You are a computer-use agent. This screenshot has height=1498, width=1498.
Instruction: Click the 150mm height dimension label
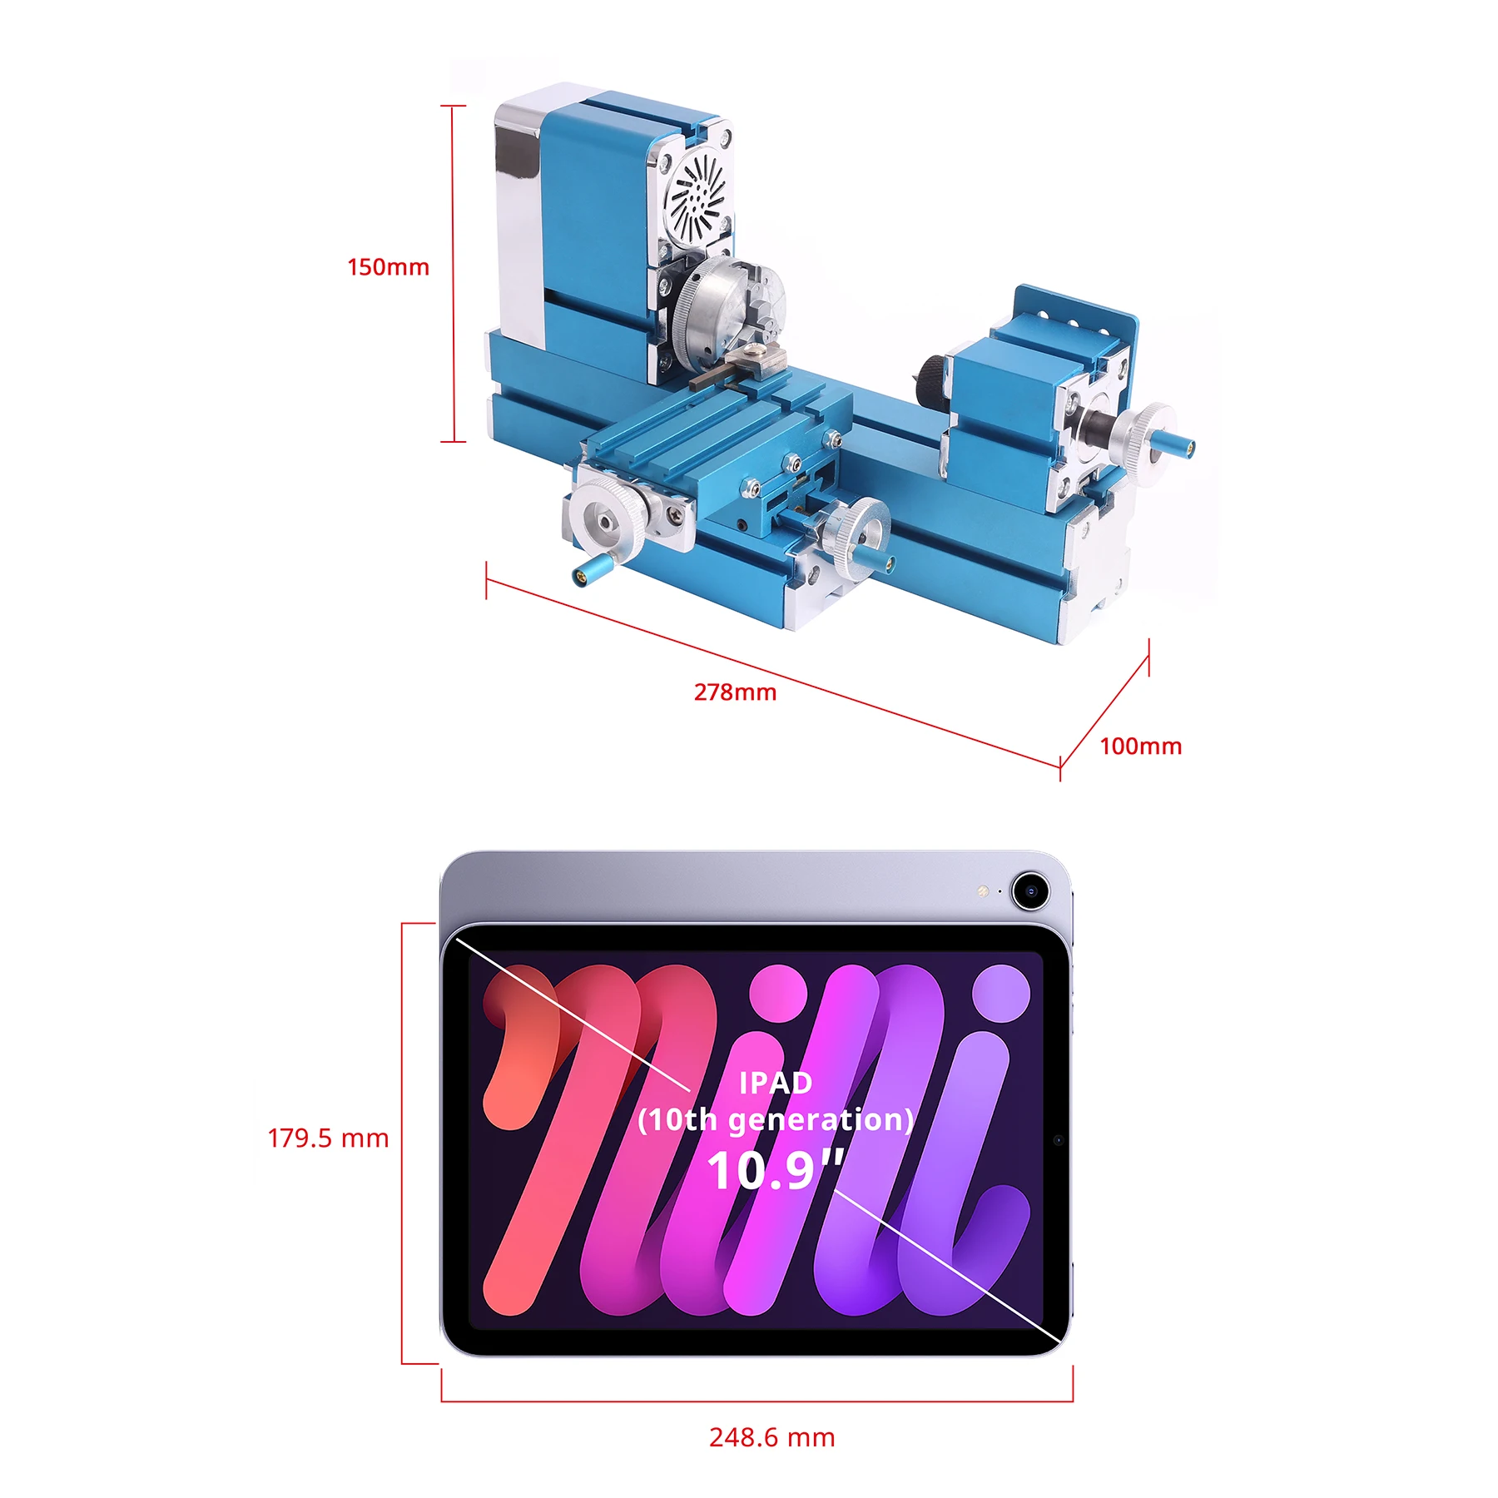[388, 267]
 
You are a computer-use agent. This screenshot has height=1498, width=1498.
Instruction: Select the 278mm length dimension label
[735, 692]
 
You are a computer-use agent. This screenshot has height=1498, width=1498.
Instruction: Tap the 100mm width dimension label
[1140, 747]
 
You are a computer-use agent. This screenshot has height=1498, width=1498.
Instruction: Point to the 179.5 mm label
[328, 1138]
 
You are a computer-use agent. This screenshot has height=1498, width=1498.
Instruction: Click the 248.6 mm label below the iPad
[771, 1437]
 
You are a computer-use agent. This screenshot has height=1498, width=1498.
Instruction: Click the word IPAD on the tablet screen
[775, 1083]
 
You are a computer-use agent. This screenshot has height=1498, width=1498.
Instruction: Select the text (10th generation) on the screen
[775, 1120]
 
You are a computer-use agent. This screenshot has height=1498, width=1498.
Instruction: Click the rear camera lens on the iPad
[1030, 891]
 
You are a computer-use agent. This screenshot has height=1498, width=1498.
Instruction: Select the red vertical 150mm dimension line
[453, 275]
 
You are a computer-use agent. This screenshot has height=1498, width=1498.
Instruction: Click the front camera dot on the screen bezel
[1058, 1140]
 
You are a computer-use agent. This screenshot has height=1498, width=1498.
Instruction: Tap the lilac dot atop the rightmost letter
[1001, 993]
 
